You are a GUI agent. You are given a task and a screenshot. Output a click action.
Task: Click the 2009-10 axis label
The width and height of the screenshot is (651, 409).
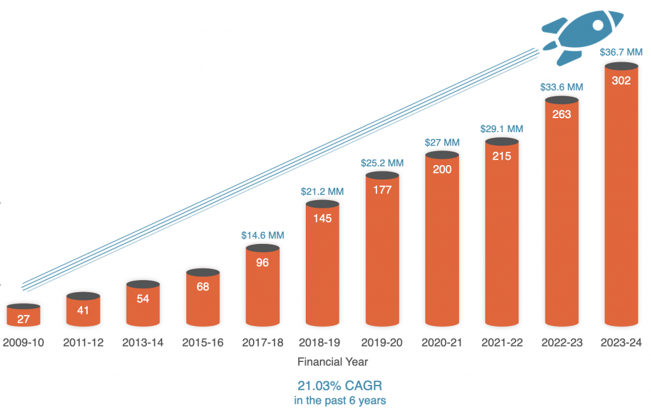click(24, 342)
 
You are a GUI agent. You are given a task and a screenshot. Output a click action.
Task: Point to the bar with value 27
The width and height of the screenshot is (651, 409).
click(24, 316)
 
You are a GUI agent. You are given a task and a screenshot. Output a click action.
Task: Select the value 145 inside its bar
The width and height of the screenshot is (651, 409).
click(322, 217)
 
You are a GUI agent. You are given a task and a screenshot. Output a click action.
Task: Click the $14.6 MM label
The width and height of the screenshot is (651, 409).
click(263, 235)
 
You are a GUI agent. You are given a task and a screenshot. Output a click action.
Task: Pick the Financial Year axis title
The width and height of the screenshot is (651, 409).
click(332, 362)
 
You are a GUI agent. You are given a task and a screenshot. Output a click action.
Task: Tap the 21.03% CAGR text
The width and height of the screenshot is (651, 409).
click(339, 386)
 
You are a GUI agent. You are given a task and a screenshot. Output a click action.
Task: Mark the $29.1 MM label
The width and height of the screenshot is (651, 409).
click(502, 128)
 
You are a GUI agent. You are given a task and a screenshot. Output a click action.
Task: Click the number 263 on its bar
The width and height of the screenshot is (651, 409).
click(561, 114)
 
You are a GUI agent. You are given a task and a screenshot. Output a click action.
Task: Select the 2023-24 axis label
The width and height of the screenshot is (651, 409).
click(621, 342)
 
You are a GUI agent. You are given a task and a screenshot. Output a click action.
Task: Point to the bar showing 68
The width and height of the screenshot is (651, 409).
click(203, 298)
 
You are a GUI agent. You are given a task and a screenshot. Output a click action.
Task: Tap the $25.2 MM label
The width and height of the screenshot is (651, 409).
click(382, 163)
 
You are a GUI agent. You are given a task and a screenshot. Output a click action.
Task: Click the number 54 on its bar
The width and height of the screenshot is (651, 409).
click(143, 298)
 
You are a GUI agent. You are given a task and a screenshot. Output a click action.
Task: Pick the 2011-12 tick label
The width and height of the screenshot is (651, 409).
click(83, 342)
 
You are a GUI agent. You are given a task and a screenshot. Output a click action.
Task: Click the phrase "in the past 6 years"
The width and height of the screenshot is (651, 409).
click(339, 401)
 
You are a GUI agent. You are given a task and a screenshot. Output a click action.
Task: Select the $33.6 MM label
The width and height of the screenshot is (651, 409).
click(561, 86)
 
